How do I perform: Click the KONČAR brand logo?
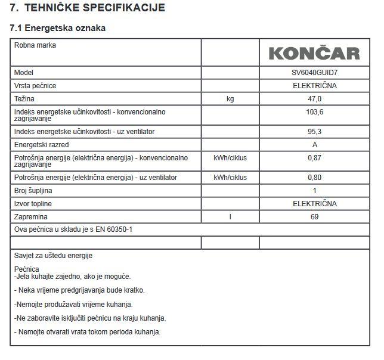point(314,54)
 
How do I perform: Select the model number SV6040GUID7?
point(314,72)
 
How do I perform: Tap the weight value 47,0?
point(314,98)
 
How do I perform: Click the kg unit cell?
point(230,98)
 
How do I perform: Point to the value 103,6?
point(314,111)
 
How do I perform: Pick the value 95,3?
point(314,131)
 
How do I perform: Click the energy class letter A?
point(314,145)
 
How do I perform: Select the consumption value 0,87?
point(314,158)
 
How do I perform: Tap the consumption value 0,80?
point(314,178)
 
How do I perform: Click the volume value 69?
point(314,217)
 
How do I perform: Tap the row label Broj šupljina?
point(35,191)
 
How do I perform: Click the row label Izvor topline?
point(34,204)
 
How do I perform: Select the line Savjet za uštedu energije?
point(54,256)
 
